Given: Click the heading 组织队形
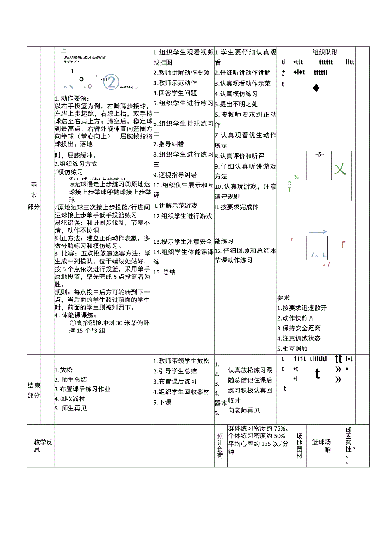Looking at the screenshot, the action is click(325, 52).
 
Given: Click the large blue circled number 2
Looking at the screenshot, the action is click(111, 82).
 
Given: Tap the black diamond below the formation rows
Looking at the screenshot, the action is click(316, 88).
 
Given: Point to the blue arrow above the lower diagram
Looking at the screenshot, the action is click(318, 232).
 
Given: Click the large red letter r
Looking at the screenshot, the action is click(343, 244).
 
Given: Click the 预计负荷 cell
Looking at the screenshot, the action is click(220, 446).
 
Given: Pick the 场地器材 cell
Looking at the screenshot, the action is click(299, 446).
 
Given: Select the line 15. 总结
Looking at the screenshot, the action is click(164, 272).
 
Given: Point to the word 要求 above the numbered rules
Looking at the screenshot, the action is click(283, 297).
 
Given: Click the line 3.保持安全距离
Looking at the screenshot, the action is click(299, 328).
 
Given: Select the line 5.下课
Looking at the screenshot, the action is click(162, 402).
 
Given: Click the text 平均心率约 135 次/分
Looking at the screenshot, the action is click(258, 444).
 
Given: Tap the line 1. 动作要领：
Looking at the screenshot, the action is click(72, 98).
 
